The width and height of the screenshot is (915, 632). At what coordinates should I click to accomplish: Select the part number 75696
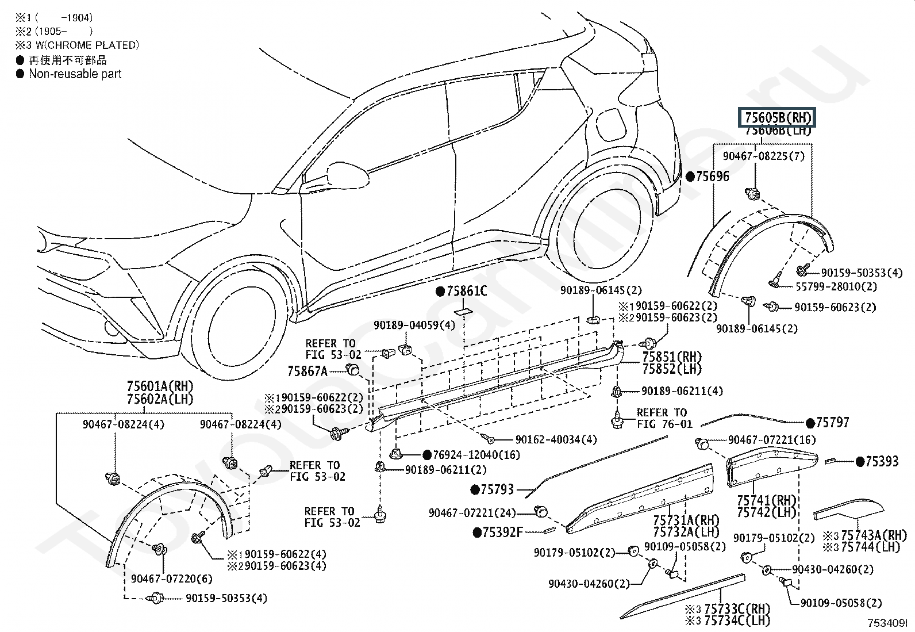712,177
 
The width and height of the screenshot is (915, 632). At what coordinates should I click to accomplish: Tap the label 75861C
467,292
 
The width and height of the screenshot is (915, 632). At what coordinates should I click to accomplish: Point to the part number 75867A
307,371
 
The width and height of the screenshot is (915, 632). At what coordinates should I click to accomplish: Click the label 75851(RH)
672,357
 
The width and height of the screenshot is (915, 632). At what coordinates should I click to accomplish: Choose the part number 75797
832,423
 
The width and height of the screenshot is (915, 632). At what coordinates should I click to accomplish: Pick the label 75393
882,461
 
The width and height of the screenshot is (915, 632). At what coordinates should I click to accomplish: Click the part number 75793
497,489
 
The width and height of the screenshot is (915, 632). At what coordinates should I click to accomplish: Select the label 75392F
502,533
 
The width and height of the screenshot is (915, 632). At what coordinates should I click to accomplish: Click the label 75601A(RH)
160,386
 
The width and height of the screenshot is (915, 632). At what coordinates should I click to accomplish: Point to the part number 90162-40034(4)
556,439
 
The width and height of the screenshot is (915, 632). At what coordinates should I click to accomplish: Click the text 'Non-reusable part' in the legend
75,74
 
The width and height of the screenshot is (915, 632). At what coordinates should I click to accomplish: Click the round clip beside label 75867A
352,369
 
